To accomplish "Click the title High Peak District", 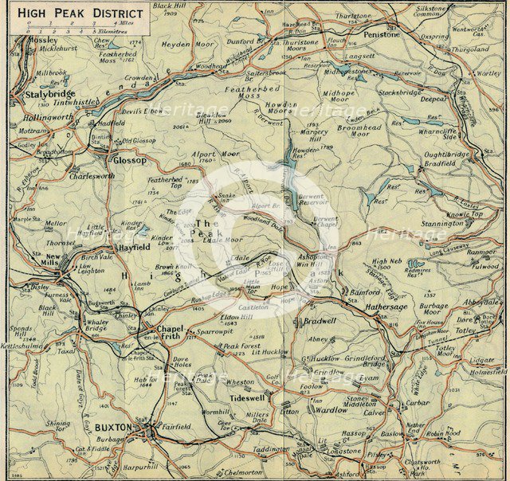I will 80,14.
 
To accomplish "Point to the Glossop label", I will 129,159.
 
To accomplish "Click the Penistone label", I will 381,34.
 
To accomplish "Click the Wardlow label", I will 331,410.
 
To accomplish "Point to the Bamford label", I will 366,292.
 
